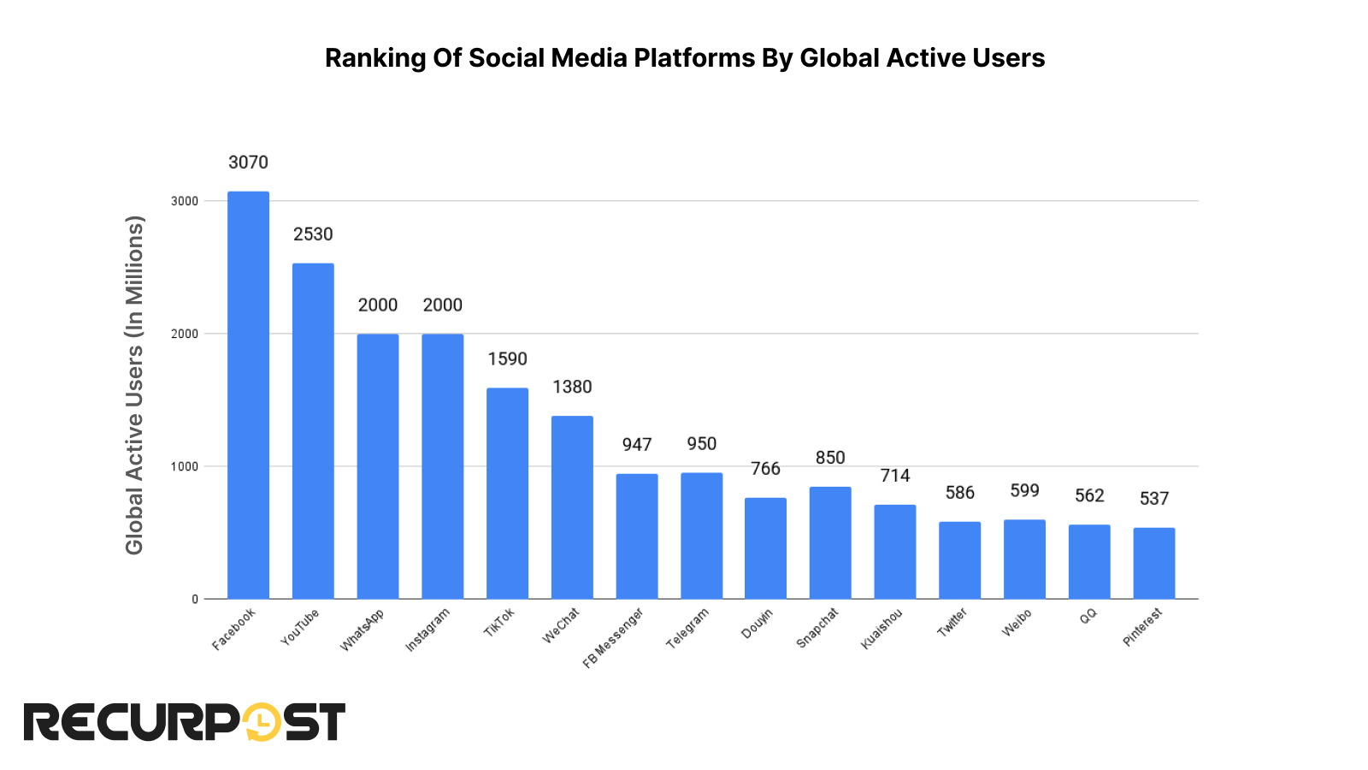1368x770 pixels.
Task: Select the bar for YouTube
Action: (x=313, y=431)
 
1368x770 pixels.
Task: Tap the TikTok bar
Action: (x=507, y=494)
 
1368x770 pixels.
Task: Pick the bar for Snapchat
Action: (x=830, y=542)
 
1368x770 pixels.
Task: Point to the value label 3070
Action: (x=248, y=163)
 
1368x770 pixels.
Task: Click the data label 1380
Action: (x=572, y=387)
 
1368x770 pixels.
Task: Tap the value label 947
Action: (x=637, y=445)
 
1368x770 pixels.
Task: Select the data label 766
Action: (x=765, y=469)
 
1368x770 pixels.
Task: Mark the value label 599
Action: (x=1024, y=490)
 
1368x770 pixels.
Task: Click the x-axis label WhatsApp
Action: (x=362, y=631)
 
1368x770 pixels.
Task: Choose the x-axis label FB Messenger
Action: (x=612, y=638)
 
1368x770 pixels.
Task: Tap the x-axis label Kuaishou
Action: (x=882, y=629)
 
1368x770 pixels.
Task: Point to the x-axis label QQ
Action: (x=1088, y=616)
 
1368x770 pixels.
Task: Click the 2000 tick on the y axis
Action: (x=185, y=334)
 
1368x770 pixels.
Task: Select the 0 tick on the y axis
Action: (x=195, y=599)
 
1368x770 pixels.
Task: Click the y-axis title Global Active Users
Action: (x=134, y=385)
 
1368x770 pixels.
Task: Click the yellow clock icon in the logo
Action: (x=262, y=722)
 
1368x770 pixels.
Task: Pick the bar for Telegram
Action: (x=701, y=536)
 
